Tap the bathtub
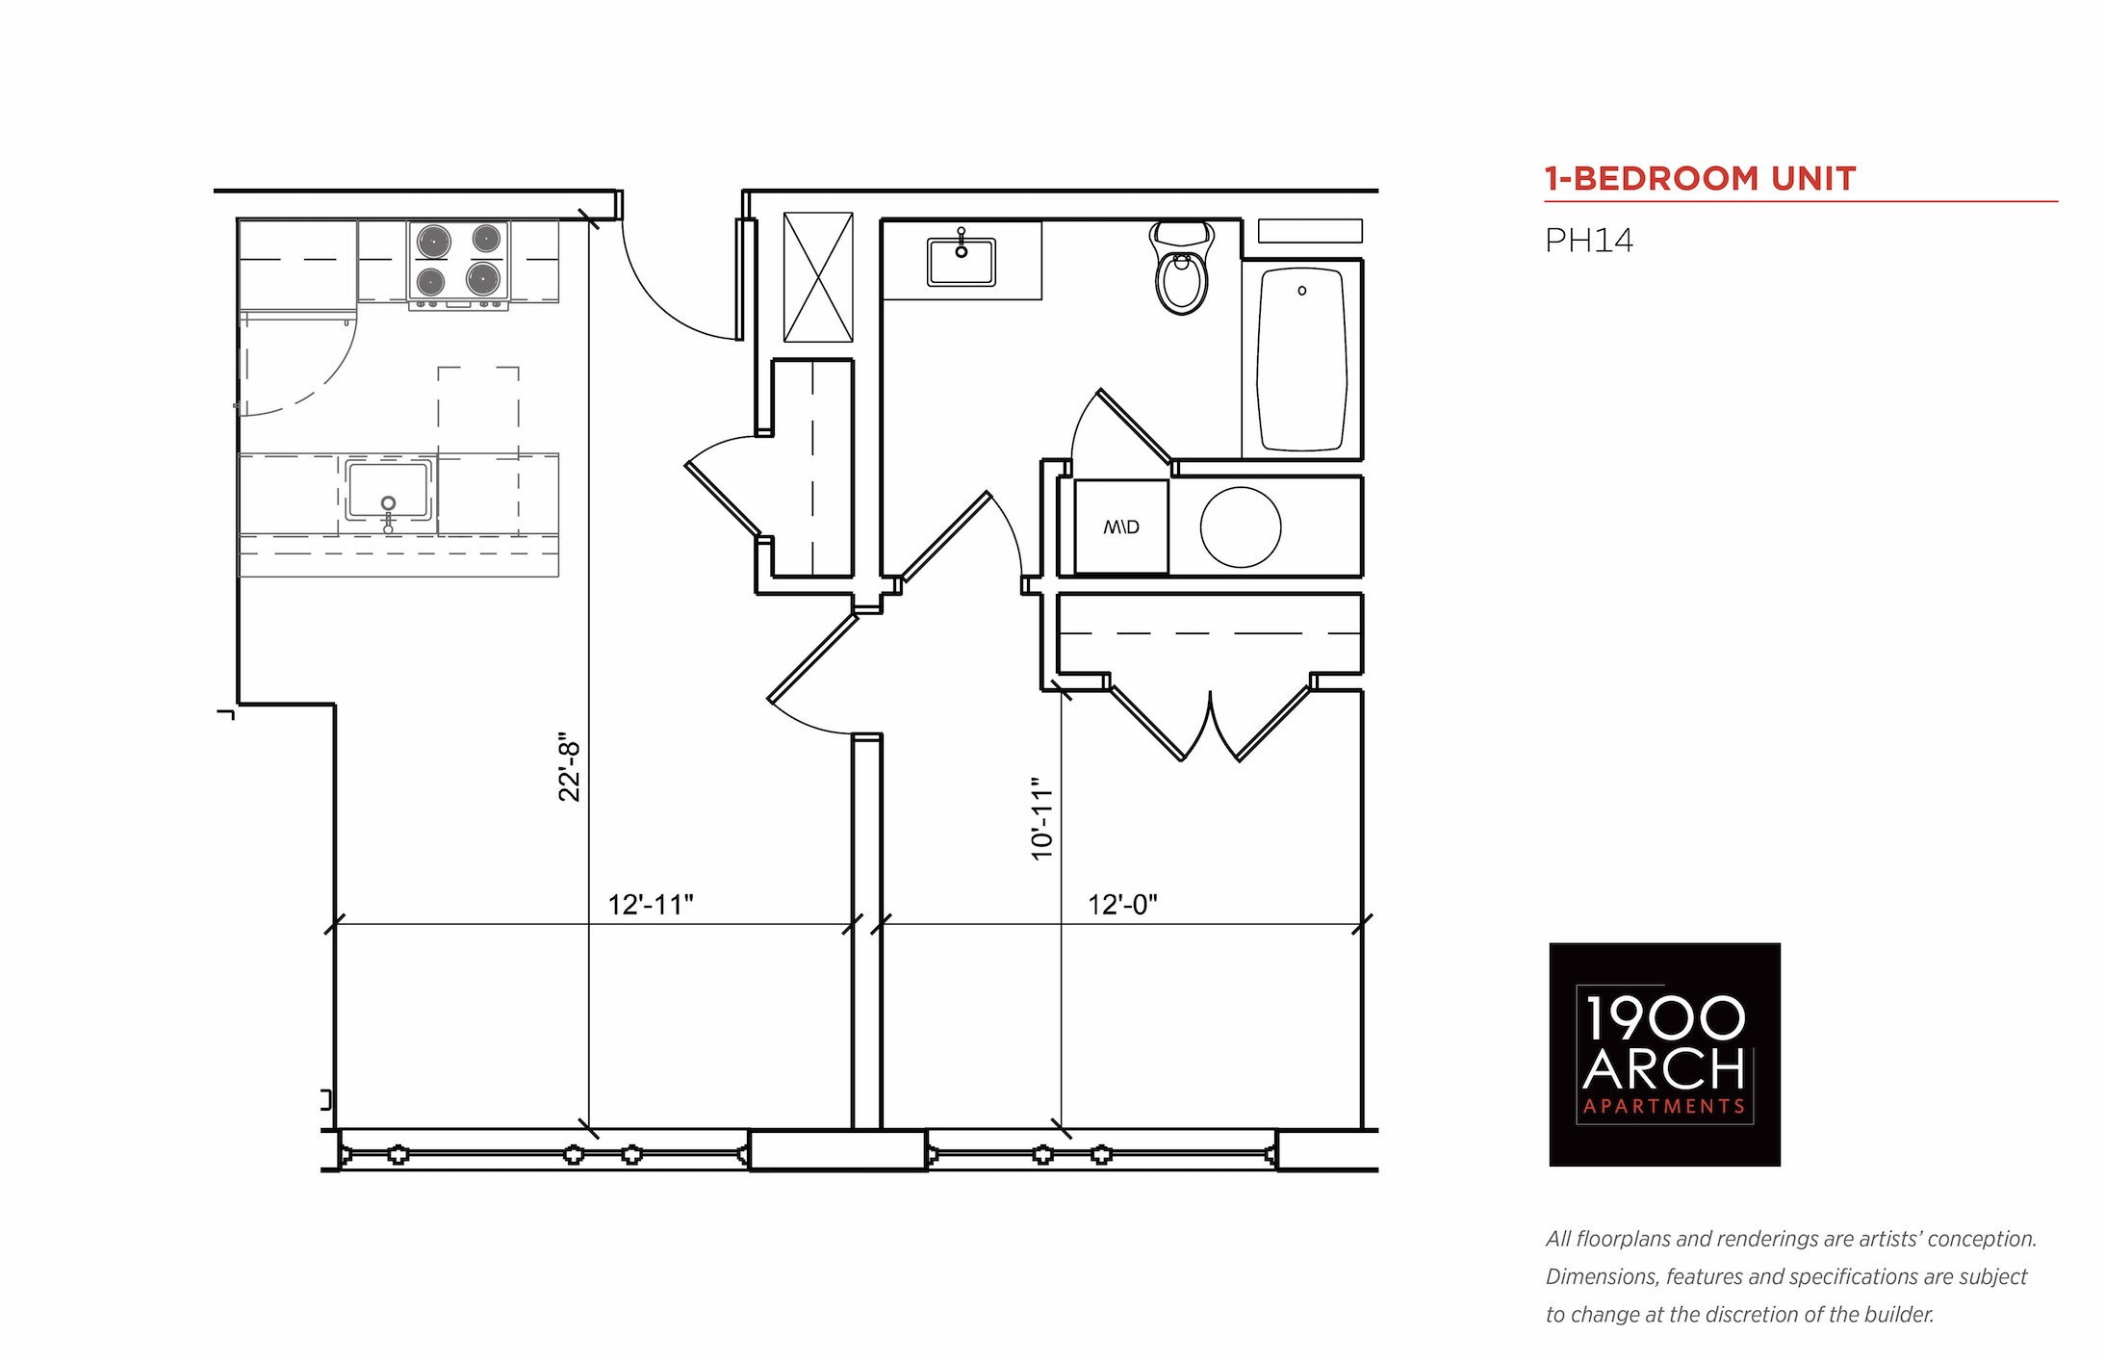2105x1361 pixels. point(1301,360)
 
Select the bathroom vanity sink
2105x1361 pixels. point(961,261)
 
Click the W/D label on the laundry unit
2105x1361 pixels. point(1121,526)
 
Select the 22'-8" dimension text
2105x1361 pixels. point(570,771)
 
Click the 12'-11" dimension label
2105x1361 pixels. point(651,905)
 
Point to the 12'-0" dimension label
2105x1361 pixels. point(1122,905)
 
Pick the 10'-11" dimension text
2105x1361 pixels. point(1042,819)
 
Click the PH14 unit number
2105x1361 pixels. point(1589,240)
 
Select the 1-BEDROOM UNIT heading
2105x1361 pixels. point(1700,179)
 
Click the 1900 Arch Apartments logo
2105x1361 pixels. point(1664,1054)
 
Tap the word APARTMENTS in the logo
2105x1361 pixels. point(1664,1107)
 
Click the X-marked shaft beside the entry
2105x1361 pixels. point(818,277)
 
